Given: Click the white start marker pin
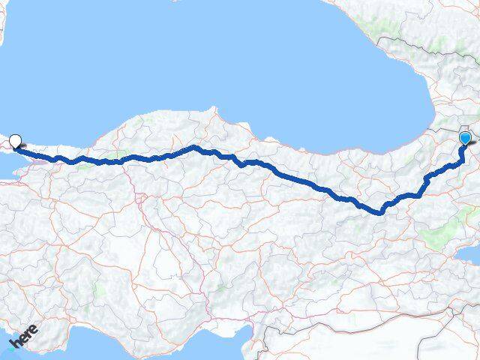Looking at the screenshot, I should click(x=15, y=139).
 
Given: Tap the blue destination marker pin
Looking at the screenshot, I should click(x=466, y=138).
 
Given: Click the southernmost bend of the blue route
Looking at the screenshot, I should click(x=380, y=211).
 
